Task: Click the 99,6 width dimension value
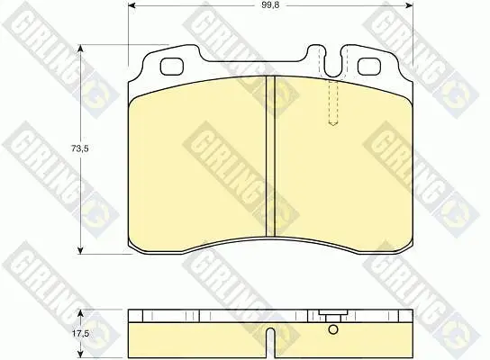click(x=270, y=6)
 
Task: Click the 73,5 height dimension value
click(x=80, y=148)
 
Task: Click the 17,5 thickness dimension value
click(x=81, y=334)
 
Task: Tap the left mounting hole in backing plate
click(x=171, y=67)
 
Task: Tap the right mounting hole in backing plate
click(x=369, y=67)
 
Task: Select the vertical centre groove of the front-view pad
click(x=270, y=156)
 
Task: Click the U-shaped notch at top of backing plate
click(x=333, y=62)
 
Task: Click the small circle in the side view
click(x=333, y=329)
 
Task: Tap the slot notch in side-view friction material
click(x=270, y=343)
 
